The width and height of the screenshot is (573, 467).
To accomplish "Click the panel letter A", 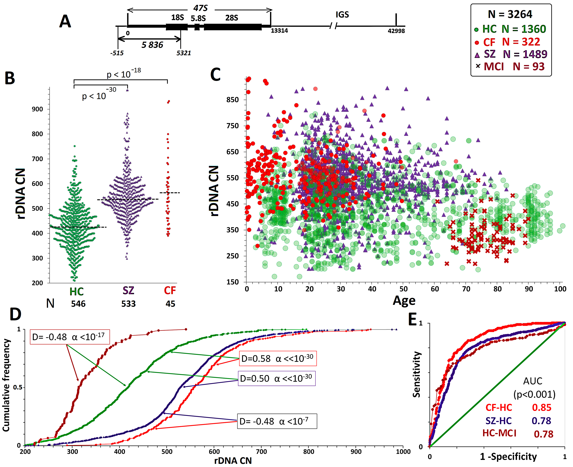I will tap(65, 21).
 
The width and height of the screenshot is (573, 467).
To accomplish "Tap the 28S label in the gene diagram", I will tap(232, 18).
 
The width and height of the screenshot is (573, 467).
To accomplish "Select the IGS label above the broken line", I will tap(342, 14).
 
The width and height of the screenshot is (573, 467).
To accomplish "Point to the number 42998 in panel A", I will tap(396, 31).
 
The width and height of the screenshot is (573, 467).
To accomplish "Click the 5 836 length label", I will tap(152, 45).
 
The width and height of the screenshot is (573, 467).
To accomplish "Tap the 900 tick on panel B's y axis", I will tap(37, 109).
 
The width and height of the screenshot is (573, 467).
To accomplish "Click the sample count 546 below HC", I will tap(78, 304).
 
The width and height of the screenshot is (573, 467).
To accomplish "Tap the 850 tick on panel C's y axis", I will tap(233, 100).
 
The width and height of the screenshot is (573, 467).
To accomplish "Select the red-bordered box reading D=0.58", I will tap(278, 358).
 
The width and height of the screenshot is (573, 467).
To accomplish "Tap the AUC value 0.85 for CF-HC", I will tap(542, 408).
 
